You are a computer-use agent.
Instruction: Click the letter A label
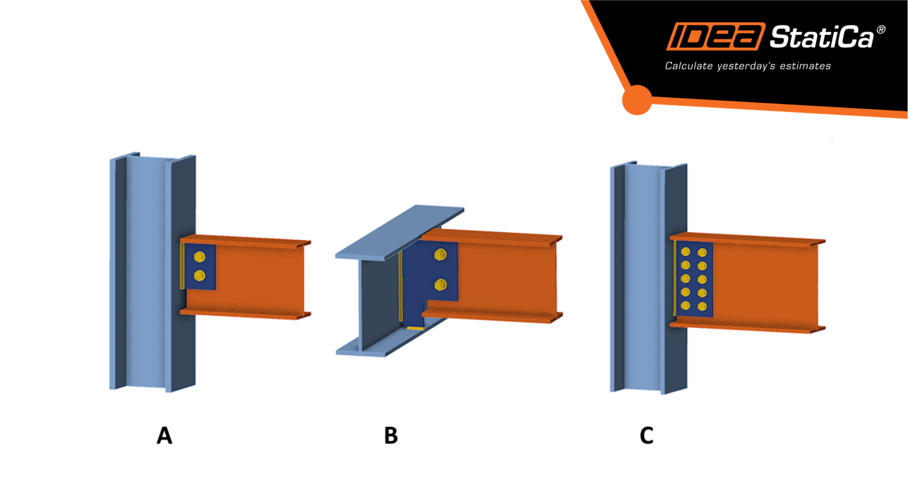164,436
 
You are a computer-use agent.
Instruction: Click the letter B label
391,436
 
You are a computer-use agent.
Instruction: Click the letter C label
646,436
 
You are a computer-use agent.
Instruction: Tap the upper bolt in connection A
199,257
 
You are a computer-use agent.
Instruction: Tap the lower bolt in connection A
199,276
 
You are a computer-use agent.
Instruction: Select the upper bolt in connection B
440,255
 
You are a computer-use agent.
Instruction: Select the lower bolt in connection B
440,284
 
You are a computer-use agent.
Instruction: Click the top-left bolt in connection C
686,252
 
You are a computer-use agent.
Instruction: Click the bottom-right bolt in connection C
702,307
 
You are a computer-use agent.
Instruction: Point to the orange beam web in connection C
766,281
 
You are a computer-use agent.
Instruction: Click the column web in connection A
146,273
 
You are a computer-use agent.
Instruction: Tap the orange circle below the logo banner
637,100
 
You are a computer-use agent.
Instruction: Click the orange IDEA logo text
715,37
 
